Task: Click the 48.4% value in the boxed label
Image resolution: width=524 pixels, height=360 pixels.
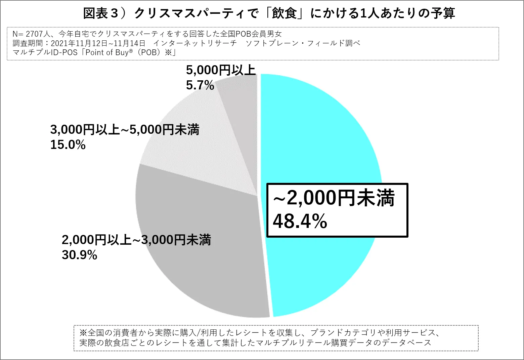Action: (x=300, y=221)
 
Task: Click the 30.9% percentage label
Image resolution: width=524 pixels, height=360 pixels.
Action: (x=79, y=255)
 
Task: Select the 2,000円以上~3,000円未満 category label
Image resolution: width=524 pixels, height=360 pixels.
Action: (x=136, y=240)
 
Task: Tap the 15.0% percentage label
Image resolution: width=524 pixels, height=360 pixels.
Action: (x=68, y=145)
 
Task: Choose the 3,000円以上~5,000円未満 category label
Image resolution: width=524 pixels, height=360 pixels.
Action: (x=125, y=130)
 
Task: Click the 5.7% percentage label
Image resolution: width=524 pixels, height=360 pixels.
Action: (x=200, y=85)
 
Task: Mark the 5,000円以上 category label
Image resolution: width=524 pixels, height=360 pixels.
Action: (x=221, y=70)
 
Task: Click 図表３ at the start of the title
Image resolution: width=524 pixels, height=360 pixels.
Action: (x=101, y=13)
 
